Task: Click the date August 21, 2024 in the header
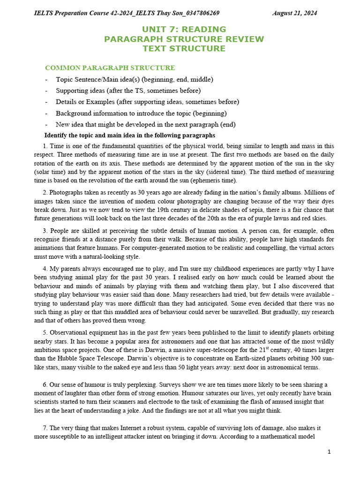tap(294, 13)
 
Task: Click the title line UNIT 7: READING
tap(184, 29)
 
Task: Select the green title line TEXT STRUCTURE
tap(184, 48)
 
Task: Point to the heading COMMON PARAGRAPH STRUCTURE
tap(110, 68)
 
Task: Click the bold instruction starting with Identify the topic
tap(126, 135)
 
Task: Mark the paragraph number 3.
tap(45, 231)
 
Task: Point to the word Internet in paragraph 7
tap(122, 428)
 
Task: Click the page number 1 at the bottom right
tap(329, 452)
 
